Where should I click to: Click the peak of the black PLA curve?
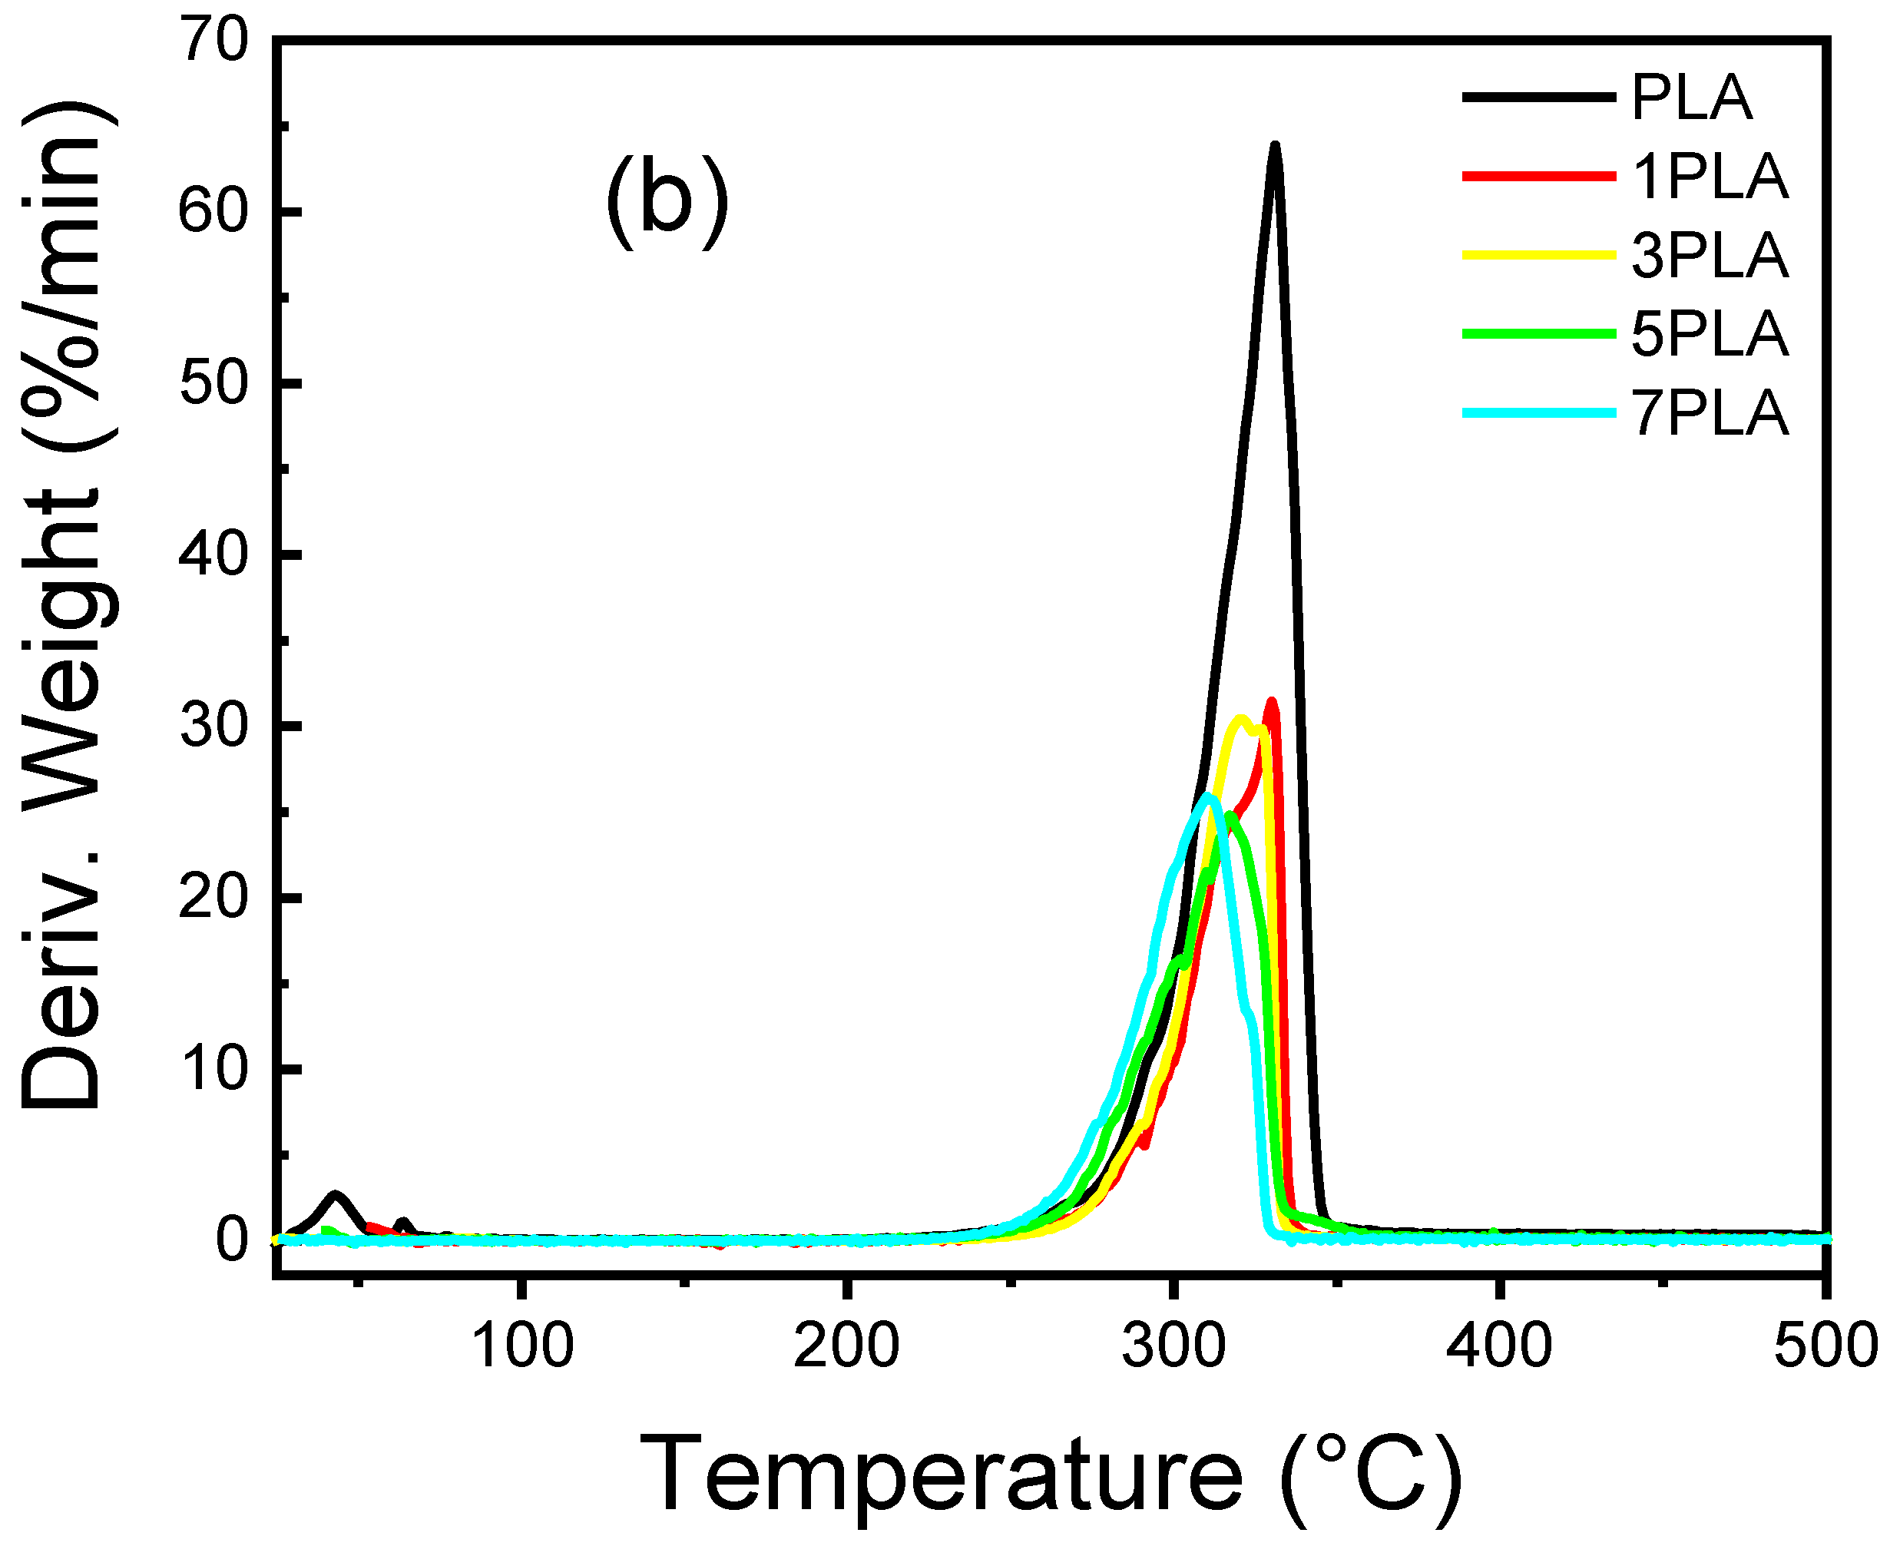[x=1275, y=145]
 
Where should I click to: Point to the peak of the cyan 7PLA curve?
[x=1207, y=795]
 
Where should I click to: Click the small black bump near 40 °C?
[x=336, y=1195]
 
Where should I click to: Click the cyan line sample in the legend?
[x=1538, y=412]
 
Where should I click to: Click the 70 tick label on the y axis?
[x=213, y=41]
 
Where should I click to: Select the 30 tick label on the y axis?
[x=213, y=727]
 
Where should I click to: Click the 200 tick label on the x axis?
[x=846, y=1346]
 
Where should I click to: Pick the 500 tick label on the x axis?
[x=1826, y=1346]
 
